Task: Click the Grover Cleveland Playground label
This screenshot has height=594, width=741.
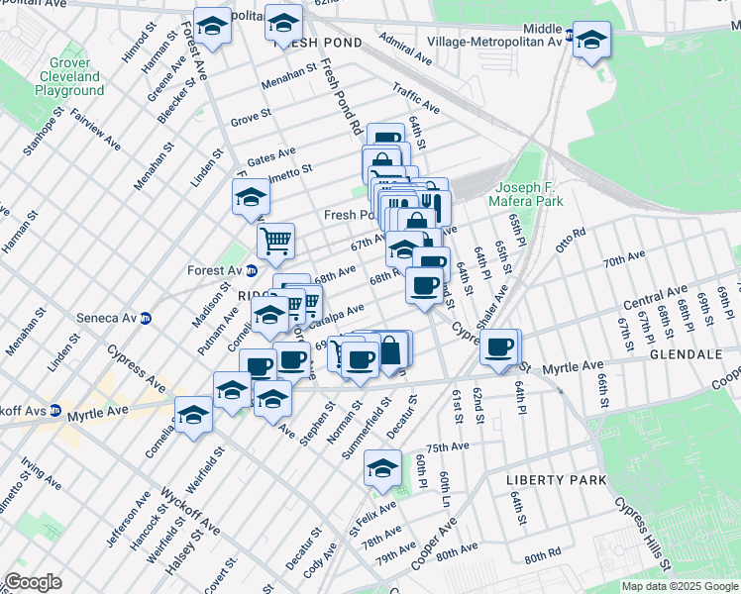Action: tap(69, 76)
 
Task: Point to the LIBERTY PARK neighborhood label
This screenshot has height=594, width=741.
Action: tap(542, 479)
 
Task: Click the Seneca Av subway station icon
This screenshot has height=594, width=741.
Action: tap(146, 319)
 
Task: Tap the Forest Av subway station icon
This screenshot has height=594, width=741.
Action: tap(252, 270)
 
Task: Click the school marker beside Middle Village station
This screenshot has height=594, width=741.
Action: tap(591, 41)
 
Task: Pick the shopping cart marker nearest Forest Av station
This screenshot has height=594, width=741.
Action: tap(275, 239)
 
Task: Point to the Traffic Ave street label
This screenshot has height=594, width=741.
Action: tap(416, 98)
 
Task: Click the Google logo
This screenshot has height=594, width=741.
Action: tap(33, 582)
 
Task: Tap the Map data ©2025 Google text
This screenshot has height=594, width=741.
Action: tap(679, 586)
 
